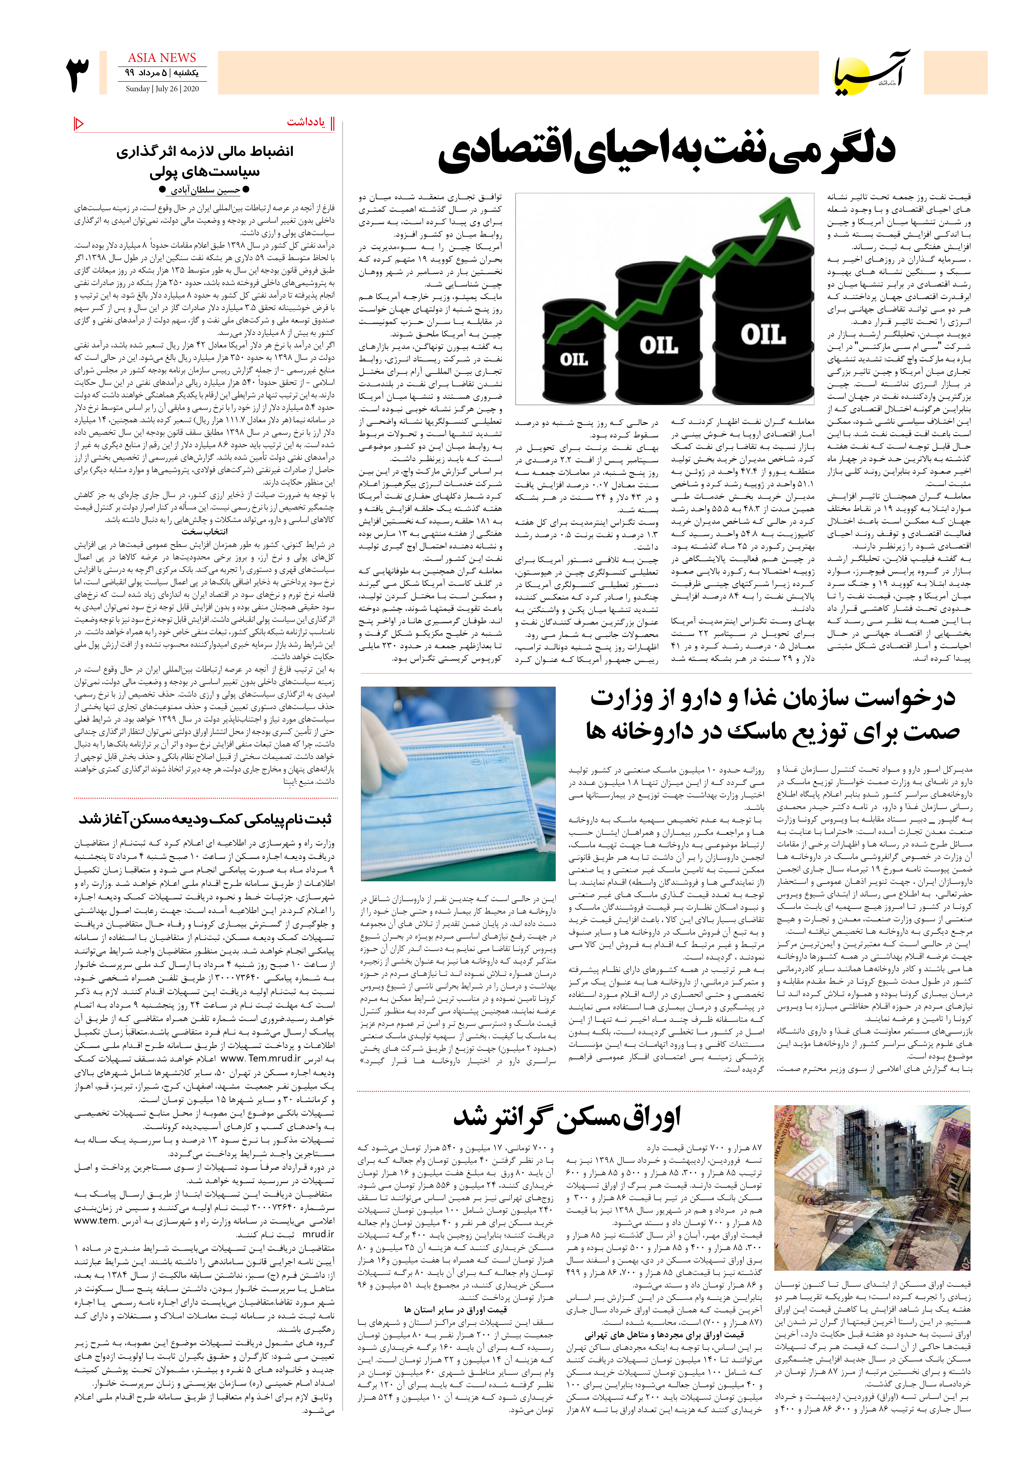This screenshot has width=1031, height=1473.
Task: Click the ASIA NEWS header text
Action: (162, 58)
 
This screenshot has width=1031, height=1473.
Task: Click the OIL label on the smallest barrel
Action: (574, 359)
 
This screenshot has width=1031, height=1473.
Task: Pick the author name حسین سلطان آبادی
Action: (205, 190)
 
